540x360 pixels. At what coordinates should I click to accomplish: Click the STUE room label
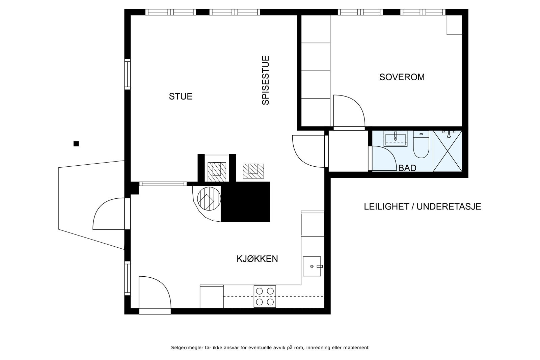(x=181, y=96)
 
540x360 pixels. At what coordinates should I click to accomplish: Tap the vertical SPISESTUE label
(x=265, y=80)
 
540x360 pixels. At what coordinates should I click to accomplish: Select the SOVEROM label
(x=402, y=77)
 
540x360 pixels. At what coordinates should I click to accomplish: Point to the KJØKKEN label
(x=257, y=259)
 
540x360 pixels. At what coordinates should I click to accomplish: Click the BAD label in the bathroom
(x=407, y=168)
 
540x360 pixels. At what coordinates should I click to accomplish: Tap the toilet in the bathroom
(x=421, y=144)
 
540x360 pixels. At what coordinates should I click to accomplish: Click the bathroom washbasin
(x=395, y=139)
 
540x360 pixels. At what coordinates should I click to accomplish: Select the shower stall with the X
(x=448, y=151)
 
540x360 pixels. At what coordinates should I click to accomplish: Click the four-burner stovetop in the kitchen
(x=265, y=296)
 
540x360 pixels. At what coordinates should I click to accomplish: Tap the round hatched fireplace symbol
(x=209, y=198)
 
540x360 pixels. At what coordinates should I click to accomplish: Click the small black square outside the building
(x=76, y=144)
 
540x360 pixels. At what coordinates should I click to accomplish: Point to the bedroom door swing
(x=349, y=111)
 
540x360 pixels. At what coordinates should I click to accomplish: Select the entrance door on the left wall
(x=109, y=214)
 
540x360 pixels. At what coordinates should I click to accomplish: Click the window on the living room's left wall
(x=128, y=74)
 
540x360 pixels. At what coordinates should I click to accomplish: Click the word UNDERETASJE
(x=449, y=206)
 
